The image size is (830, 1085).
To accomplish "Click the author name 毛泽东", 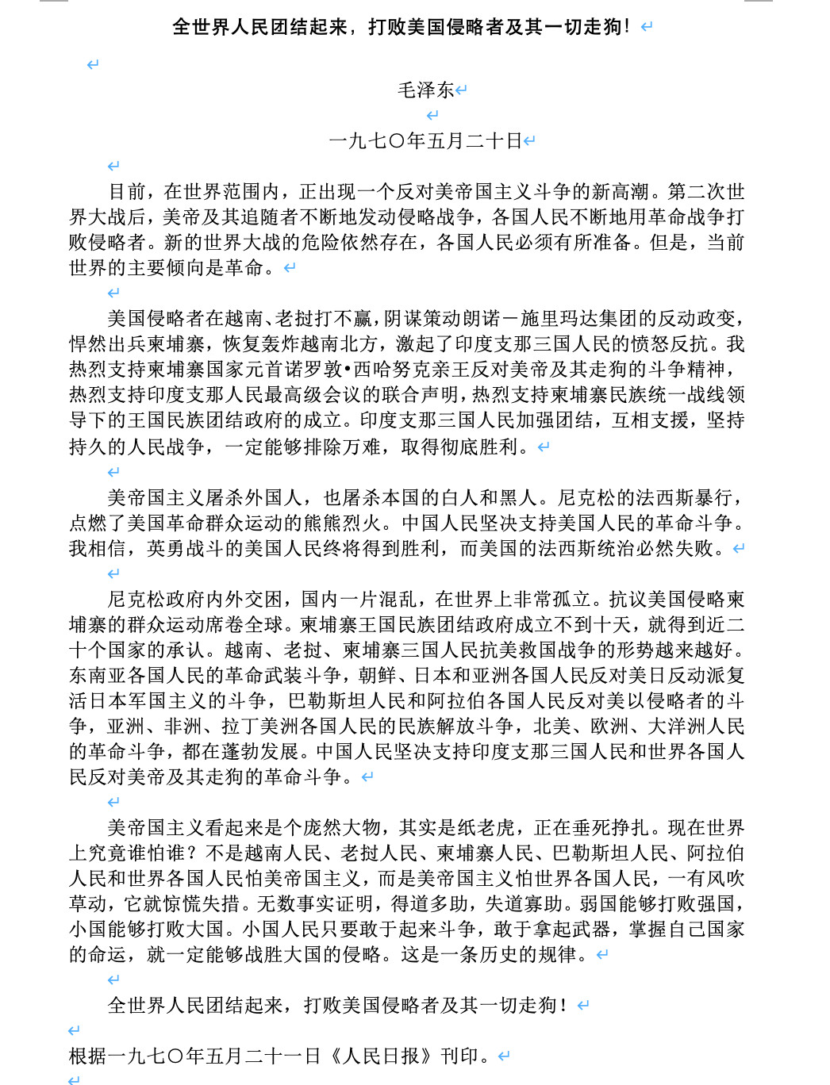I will (x=425, y=90).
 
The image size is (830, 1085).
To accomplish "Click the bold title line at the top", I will (x=402, y=27).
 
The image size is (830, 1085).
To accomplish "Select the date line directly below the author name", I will (x=425, y=141).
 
